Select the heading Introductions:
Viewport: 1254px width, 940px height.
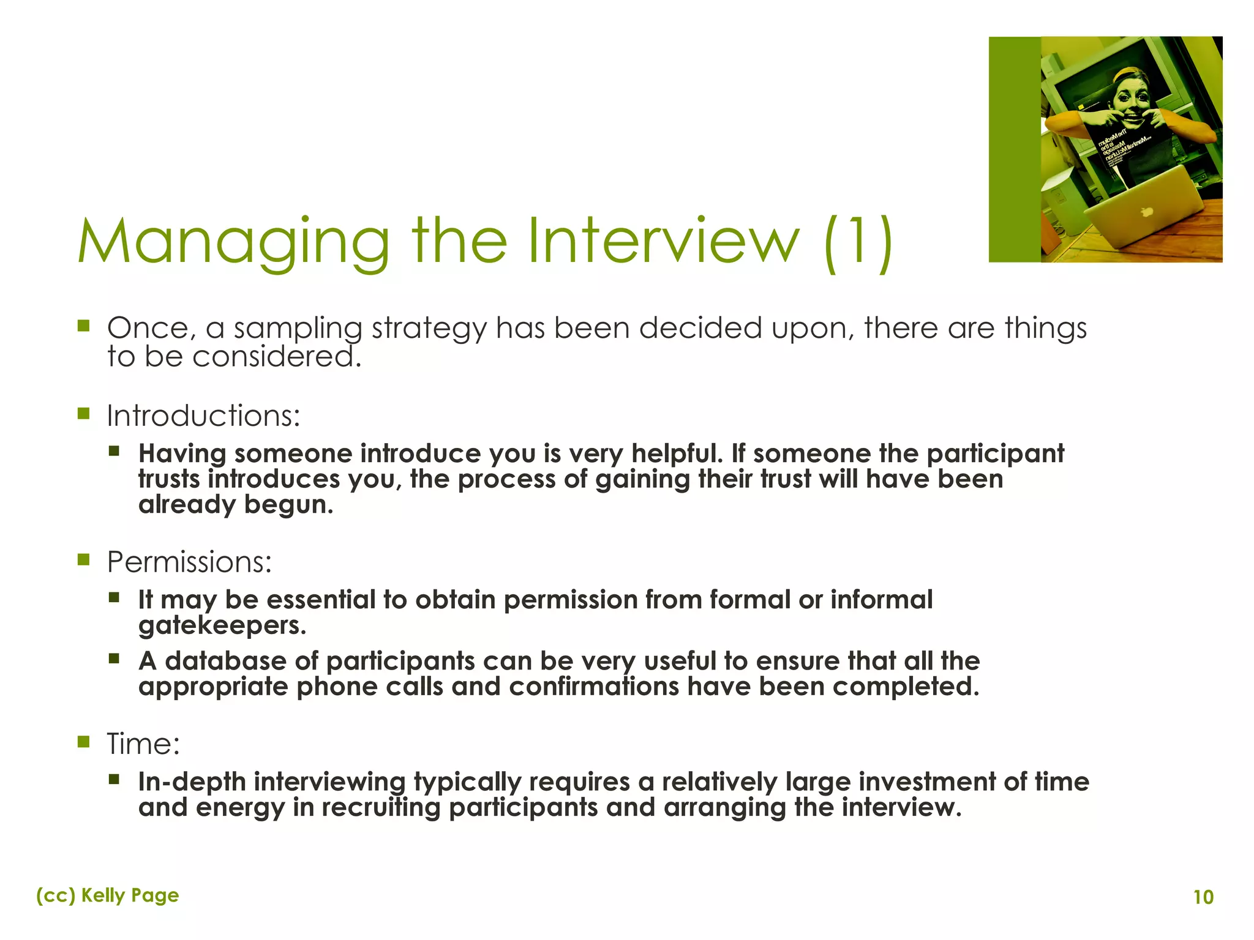[x=204, y=416]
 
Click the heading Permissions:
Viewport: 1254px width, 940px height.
[x=189, y=562]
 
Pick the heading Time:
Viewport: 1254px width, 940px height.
[x=143, y=745]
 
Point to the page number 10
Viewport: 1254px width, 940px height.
[x=1203, y=897]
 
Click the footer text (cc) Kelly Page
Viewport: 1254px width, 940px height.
[x=108, y=895]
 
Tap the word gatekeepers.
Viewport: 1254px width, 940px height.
[x=222, y=626]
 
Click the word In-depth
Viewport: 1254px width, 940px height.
[x=192, y=782]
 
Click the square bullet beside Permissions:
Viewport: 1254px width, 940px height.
[x=84, y=559]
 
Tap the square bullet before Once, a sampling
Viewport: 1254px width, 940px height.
[x=84, y=326]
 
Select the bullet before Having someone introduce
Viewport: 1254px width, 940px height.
[x=114, y=452]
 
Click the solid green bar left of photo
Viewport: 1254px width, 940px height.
[x=1015, y=150]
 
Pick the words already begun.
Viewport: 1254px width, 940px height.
[x=236, y=505]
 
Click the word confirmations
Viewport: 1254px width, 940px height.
[x=593, y=687]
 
